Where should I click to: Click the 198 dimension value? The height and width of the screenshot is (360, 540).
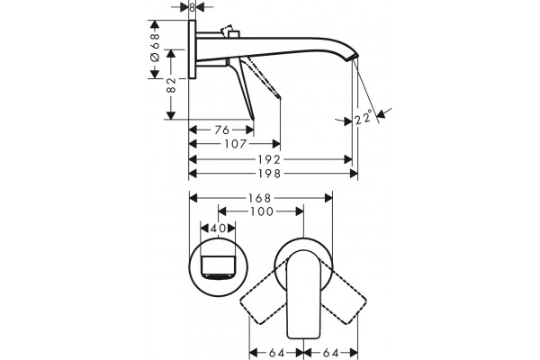270,174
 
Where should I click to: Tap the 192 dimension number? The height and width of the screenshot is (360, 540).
270,159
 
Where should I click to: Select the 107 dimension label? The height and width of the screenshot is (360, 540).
236,143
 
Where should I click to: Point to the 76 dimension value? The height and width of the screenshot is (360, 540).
221,130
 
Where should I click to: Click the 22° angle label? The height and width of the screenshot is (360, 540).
364,117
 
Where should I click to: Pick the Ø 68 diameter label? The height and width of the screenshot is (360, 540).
156,47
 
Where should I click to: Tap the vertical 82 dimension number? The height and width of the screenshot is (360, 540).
171,85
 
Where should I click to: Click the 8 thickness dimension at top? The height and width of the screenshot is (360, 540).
193,7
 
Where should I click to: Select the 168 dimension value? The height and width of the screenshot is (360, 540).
260,198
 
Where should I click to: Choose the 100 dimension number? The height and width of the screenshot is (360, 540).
262,211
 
